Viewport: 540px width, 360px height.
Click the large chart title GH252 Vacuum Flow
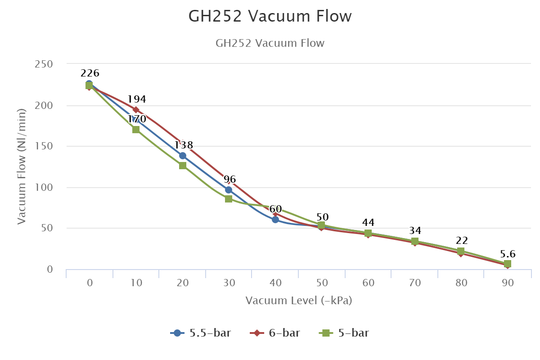[270, 16]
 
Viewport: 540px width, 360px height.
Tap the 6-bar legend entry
[275, 333]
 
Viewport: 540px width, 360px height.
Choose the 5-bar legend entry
[345, 333]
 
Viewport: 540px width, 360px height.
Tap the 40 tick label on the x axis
[275, 283]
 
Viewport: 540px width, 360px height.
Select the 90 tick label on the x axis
[508, 283]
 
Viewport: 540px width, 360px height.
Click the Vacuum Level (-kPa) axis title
[299, 301]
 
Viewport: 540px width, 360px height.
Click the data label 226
[90, 73]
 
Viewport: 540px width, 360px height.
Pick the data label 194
[137, 99]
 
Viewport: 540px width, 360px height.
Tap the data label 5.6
[508, 253]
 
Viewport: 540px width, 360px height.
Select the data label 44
[368, 223]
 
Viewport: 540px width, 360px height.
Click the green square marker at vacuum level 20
[183, 166]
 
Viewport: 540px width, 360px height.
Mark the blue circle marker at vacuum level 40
[275, 220]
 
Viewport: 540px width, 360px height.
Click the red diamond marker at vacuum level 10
[136, 110]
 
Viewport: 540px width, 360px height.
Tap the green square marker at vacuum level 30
[229, 199]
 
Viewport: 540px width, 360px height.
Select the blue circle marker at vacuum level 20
[182, 156]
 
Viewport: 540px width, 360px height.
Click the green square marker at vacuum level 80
[461, 251]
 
